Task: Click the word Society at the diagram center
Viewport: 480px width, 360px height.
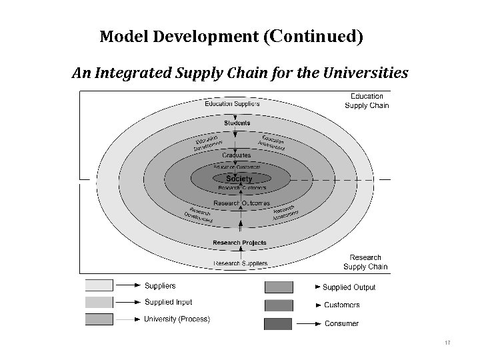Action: [x=239, y=179]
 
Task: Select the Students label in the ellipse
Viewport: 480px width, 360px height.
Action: [x=237, y=123]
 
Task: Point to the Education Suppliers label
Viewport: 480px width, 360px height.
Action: [x=232, y=103]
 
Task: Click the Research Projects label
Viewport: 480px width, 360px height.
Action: [x=239, y=243]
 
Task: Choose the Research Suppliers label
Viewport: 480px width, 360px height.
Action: [x=241, y=263]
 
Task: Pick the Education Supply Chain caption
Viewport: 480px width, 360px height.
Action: [x=367, y=101]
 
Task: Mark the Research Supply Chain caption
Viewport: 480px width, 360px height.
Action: [x=365, y=262]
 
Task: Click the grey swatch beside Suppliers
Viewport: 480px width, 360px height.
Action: [x=99, y=286]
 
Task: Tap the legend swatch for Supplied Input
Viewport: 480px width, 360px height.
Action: [x=99, y=303]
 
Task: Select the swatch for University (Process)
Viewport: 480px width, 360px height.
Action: [x=99, y=319]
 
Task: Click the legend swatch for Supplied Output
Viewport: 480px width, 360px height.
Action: [x=279, y=287]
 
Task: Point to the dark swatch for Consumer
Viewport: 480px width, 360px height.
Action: [x=279, y=324]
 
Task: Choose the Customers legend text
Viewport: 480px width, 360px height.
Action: [x=341, y=305]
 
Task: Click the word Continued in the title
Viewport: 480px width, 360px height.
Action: [x=316, y=36]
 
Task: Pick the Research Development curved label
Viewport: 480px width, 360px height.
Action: [x=198, y=214]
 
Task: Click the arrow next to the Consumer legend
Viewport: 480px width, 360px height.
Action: [x=306, y=324]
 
